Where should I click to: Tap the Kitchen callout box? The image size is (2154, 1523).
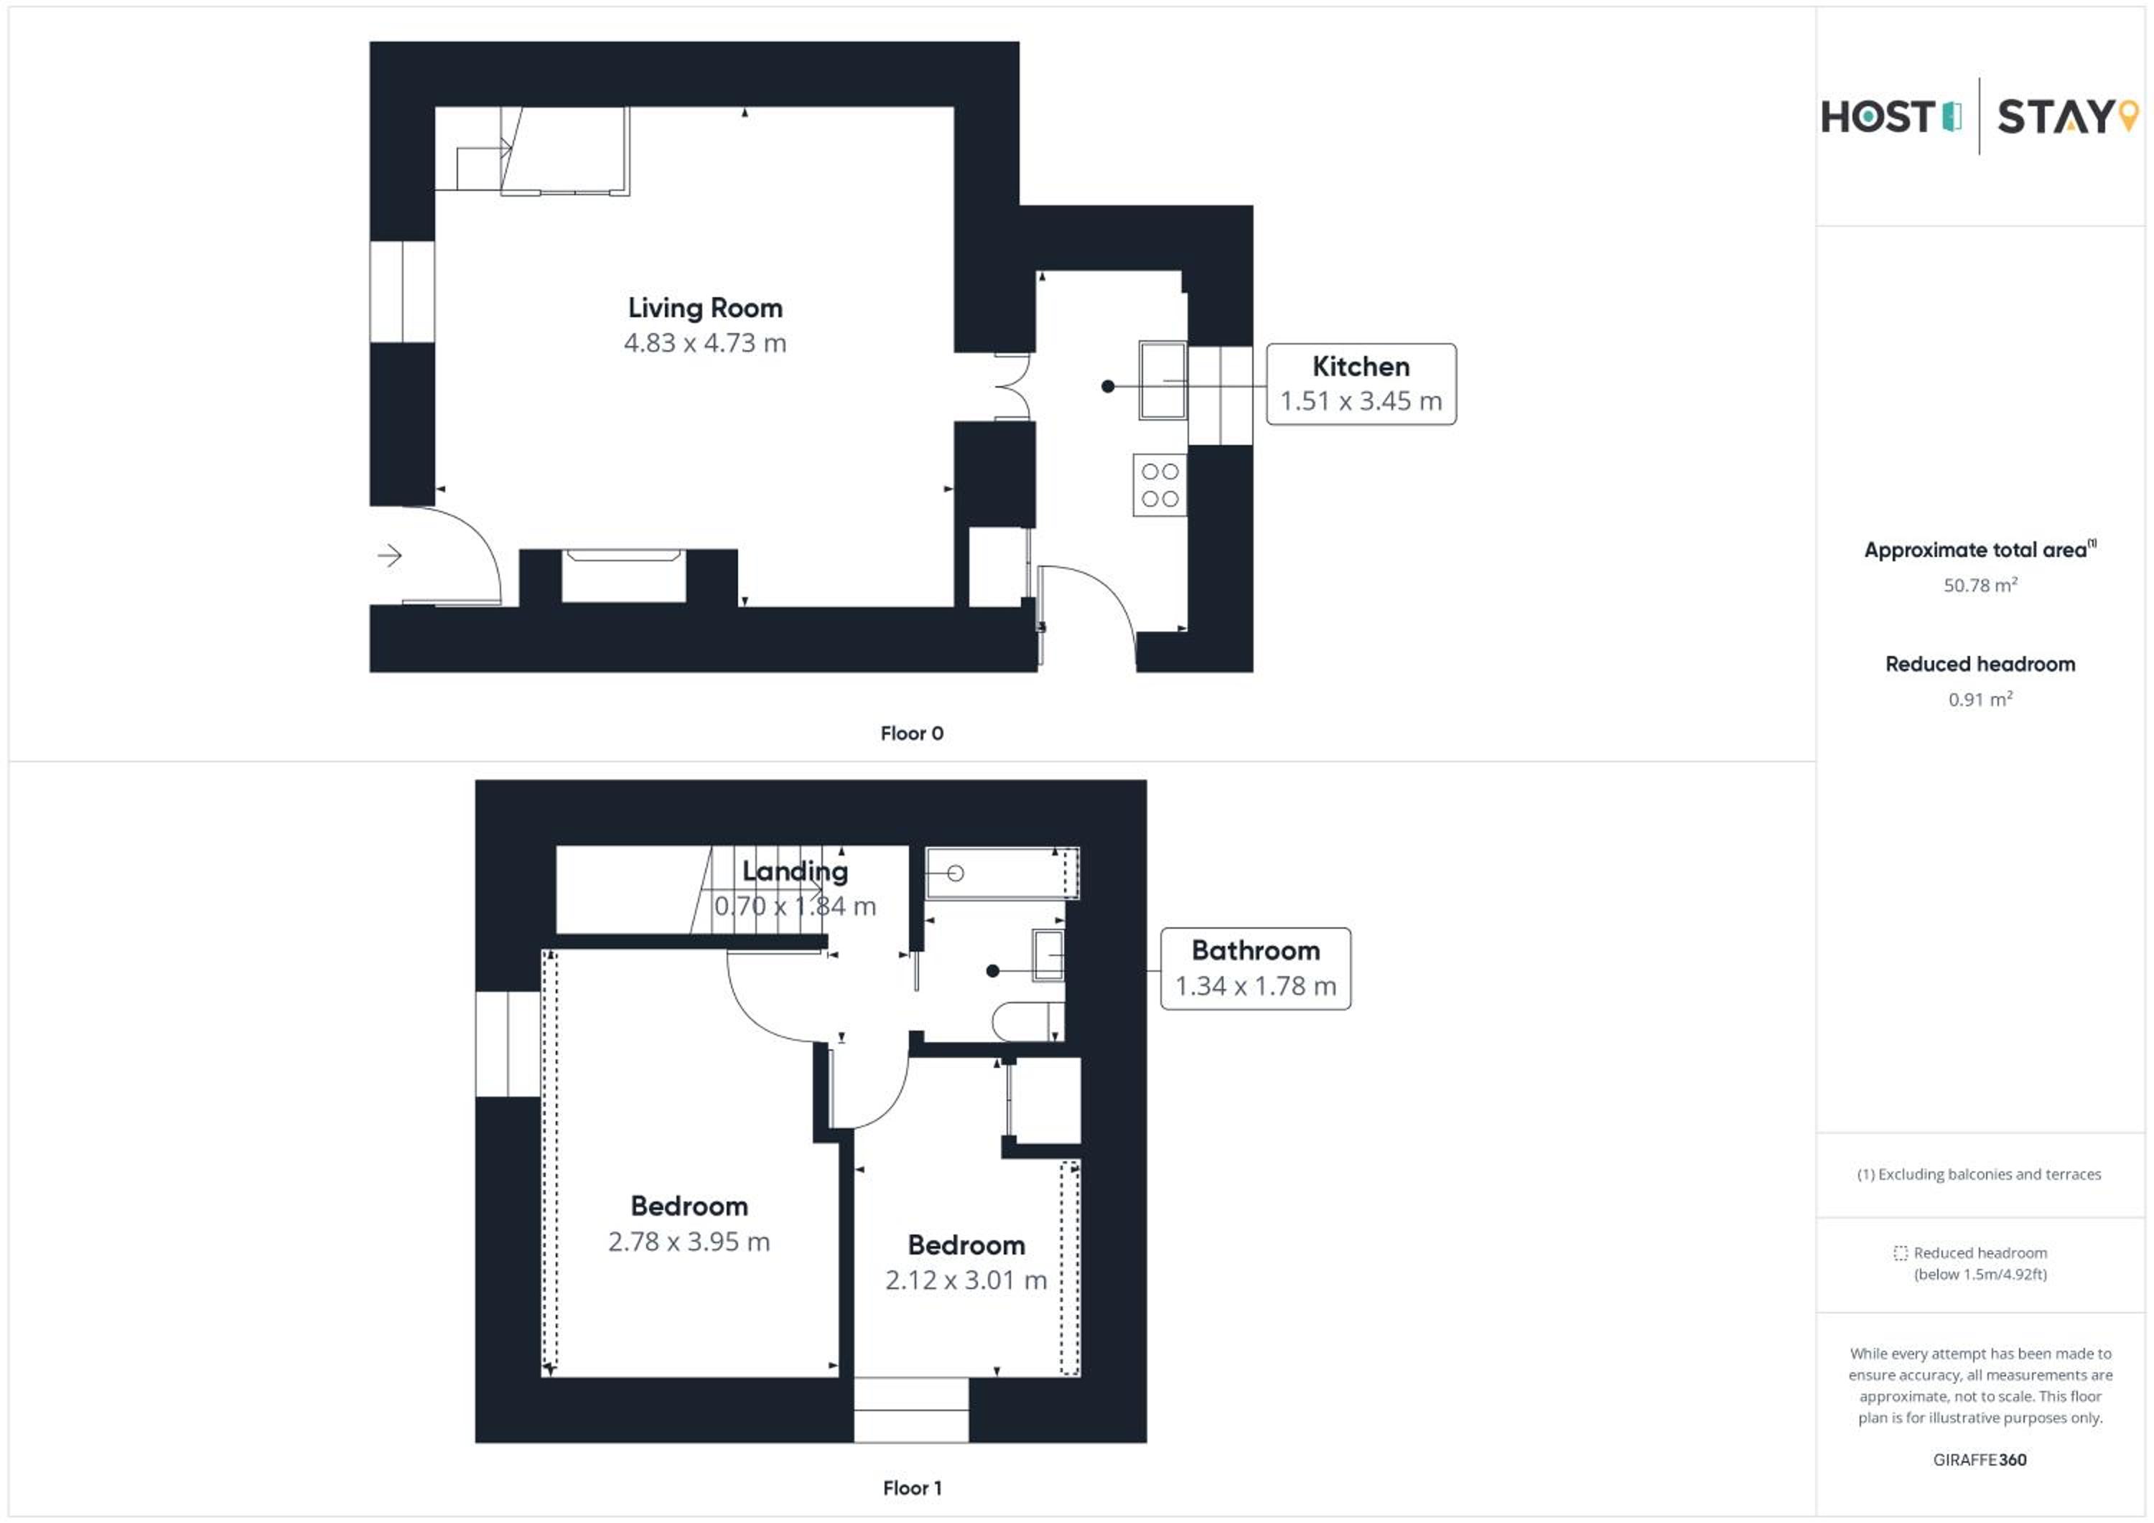tap(1361, 385)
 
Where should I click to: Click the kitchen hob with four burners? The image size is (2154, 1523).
tap(1160, 485)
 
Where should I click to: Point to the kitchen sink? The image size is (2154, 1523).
tap(1162, 380)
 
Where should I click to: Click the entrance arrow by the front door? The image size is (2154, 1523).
tap(389, 556)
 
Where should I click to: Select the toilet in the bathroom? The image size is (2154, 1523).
tap(1028, 1021)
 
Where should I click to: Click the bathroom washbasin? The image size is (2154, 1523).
tap(1048, 955)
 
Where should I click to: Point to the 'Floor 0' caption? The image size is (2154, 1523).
tap(911, 734)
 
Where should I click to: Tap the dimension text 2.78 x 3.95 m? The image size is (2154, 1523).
tap(689, 1242)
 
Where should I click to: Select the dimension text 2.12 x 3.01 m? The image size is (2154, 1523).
tap(966, 1280)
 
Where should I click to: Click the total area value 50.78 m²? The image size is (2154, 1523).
tap(1980, 585)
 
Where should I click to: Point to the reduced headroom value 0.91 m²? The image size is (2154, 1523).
tap(1980, 698)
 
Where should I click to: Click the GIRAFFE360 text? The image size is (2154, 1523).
tap(1980, 1460)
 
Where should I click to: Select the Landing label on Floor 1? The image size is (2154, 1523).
tap(795, 871)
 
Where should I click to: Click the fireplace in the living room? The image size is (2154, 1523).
tap(624, 576)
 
